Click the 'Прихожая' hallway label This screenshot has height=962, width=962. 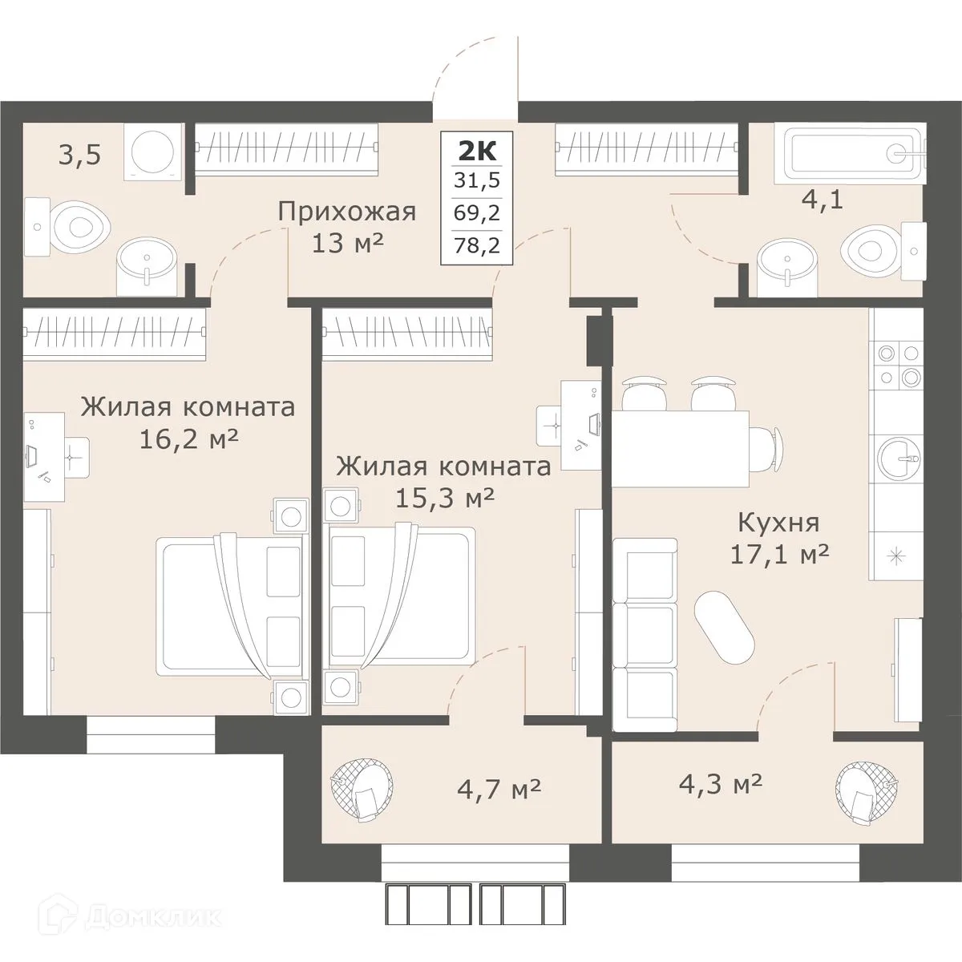tap(346, 212)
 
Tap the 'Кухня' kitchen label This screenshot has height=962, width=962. tap(778, 523)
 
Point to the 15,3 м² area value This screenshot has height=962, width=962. tap(444, 498)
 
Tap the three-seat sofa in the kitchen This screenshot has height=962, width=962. tap(645, 634)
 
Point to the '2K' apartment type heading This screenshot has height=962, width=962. tap(477, 150)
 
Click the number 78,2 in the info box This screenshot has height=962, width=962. tap(477, 246)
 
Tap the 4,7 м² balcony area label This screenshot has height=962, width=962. tap(499, 786)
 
